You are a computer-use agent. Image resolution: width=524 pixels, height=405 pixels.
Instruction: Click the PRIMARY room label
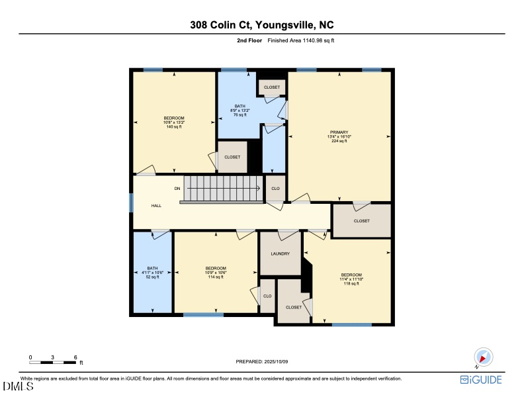(339, 132)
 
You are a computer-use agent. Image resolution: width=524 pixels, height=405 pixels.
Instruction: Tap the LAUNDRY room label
(280, 253)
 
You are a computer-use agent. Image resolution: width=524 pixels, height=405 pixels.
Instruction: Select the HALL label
(156, 206)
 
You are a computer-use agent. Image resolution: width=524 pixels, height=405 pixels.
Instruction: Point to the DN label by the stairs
(177, 189)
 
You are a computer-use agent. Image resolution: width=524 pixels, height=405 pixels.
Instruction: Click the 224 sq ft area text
(339, 142)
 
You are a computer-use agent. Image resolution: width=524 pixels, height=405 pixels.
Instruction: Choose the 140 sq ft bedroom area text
(174, 126)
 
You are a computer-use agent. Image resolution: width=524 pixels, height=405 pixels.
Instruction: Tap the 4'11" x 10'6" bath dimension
(152, 273)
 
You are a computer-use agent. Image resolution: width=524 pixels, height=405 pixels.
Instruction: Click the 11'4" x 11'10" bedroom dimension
(351, 279)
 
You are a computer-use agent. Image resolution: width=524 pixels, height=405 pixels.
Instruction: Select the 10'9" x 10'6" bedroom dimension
(216, 272)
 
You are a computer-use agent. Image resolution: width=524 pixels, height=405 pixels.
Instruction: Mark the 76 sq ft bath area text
(240, 114)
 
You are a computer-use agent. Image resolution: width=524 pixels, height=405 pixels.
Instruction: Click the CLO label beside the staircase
(275, 189)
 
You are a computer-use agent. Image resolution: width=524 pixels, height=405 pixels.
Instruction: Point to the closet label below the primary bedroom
(361, 221)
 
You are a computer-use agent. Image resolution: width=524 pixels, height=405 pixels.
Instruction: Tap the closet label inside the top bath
(272, 87)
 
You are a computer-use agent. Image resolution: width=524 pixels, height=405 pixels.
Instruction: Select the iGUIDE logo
(481, 380)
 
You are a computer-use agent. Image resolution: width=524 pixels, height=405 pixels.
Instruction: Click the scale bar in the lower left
(53, 362)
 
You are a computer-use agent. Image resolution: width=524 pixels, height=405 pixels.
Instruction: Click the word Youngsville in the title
(283, 25)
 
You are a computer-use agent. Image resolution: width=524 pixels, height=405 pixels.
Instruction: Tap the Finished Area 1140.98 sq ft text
(305, 40)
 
